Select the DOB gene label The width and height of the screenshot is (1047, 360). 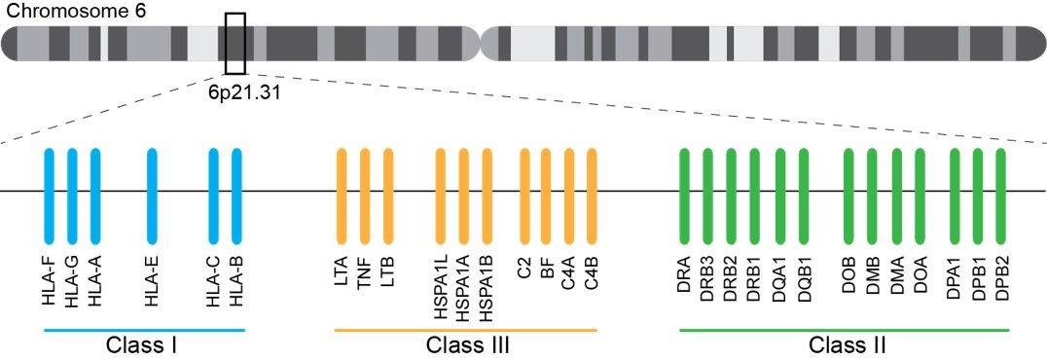tap(849, 282)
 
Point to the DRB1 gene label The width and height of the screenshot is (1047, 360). tap(755, 282)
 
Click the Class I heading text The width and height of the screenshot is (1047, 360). tap(142, 345)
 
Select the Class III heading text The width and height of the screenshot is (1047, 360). tap(467, 345)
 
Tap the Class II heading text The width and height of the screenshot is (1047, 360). tap(848, 345)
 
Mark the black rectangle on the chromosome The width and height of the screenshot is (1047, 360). tap(235, 44)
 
